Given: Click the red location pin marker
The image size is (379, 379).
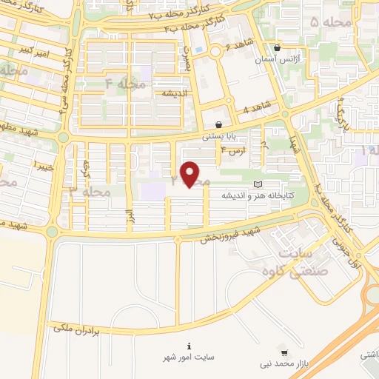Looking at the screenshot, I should tap(191, 175).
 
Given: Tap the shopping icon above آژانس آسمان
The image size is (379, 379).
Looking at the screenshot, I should tap(278, 46).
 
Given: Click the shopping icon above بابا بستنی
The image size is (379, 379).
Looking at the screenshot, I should tap(219, 124).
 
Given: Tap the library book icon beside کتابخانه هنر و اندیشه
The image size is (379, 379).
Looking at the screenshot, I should tap(258, 184).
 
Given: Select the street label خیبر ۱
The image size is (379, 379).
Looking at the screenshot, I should tap(44, 164).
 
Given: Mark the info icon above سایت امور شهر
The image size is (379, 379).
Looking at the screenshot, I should tap(189, 346).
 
